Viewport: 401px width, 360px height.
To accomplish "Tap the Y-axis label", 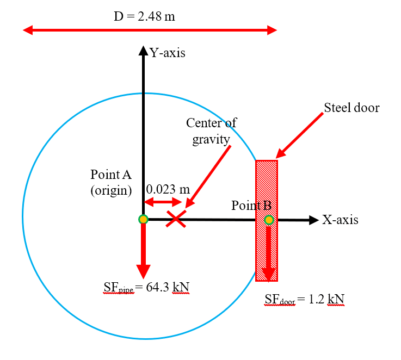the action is tap(167, 53).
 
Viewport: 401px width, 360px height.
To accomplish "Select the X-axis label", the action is tap(340, 220).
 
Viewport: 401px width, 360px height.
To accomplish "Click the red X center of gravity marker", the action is tap(175, 219).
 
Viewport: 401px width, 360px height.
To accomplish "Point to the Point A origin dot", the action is tap(143, 219).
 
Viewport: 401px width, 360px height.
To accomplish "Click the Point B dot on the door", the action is tap(269, 220).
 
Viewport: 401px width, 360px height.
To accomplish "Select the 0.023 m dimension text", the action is tap(168, 189).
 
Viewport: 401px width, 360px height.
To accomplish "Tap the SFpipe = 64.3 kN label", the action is tap(143, 287).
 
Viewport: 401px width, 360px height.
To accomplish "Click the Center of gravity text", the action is tap(212, 131).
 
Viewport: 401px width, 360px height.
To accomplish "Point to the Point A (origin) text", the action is tap(111, 183).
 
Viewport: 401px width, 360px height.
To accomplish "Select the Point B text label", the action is tap(251, 206).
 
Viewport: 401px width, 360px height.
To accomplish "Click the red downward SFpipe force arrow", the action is tap(143, 251).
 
